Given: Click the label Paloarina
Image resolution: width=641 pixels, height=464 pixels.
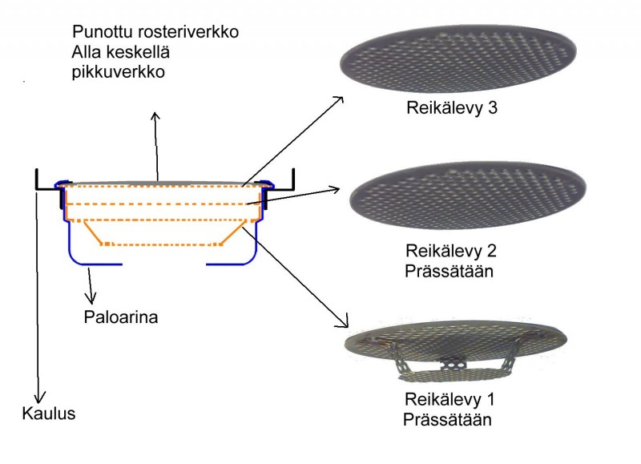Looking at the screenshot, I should [x=120, y=317].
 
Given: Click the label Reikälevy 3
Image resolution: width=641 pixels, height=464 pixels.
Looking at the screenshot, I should [x=453, y=107].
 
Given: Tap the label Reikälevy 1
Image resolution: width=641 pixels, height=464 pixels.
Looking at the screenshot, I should [x=450, y=400].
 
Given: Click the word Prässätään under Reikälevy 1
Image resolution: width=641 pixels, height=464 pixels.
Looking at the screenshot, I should [x=447, y=419].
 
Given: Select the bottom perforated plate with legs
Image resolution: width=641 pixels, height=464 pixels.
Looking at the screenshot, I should [x=454, y=349].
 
